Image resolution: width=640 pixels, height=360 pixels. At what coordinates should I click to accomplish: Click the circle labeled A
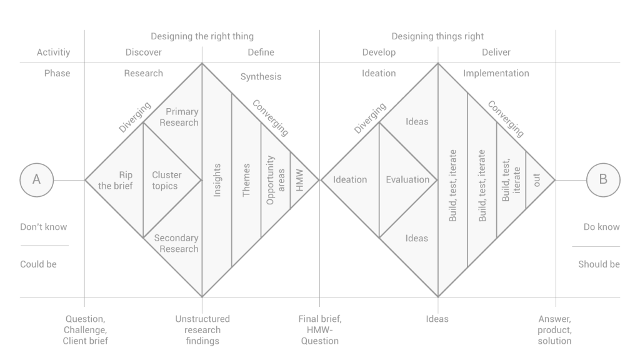pos(36,179)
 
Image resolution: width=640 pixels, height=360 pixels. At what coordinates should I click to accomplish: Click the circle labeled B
pos(603,179)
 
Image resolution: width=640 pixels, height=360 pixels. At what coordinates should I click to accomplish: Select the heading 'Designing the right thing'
pos(202,37)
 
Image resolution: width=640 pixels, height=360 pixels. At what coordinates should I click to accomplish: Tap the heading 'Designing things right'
pos(437,37)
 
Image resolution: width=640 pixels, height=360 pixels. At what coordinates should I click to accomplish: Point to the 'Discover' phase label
pos(143,52)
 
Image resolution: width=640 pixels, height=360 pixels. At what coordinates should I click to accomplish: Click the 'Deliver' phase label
pos(496,52)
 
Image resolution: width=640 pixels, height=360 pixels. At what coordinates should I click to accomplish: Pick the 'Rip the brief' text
pos(116,180)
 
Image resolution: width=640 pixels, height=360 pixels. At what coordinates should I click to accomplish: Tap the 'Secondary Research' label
pos(176,243)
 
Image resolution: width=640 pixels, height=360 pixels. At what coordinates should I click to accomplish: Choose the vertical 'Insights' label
pos(217,181)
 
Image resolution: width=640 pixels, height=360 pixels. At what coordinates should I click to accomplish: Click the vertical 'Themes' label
pos(246,181)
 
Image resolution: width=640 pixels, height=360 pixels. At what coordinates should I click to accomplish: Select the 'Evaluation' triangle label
pos(407,180)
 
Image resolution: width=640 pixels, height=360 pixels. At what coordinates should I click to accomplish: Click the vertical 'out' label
pos(537,179)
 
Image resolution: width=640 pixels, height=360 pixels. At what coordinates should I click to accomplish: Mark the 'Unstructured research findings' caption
pos(202,329)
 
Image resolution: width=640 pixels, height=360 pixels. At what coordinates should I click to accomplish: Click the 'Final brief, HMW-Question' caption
pos(320,329)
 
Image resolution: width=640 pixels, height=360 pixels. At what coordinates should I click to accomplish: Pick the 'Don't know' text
pos(43,227)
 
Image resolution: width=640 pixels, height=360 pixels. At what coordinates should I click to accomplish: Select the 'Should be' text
pos(599,264)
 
